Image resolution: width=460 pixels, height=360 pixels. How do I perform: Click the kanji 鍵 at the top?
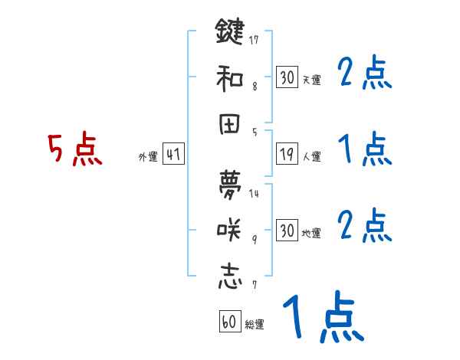[229, 33]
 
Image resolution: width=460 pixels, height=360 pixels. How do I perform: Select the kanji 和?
[229, 77]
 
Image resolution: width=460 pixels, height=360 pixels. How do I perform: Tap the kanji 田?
[229, 123]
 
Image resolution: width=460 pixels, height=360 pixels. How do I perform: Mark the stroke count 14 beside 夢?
[254, 194]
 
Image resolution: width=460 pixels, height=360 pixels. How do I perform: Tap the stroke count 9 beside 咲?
[254, 239]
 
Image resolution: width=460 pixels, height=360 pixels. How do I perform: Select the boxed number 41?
[173, 154]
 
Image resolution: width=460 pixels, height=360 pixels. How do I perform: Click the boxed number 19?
[286, 154]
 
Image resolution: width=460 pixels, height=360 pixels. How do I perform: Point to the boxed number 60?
[229, 321]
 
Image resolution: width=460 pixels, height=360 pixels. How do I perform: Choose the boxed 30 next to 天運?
[286, 77]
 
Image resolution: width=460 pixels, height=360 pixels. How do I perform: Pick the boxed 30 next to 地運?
[286, 230]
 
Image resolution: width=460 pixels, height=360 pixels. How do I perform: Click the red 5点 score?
[74, 150]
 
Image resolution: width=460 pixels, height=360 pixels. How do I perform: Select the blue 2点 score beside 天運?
[364, 74]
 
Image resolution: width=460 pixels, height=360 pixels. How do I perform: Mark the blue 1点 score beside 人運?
[364, 149]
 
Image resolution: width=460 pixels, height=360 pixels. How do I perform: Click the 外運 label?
[148, 157]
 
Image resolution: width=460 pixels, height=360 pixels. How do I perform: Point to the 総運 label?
[255, 325]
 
